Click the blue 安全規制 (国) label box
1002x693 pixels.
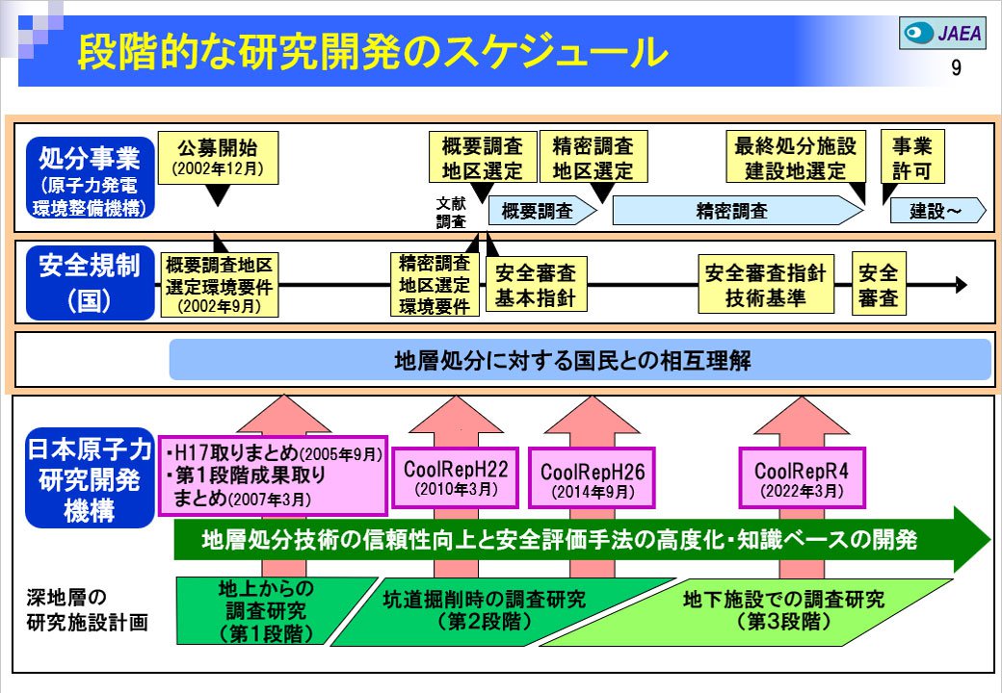click(90, 283)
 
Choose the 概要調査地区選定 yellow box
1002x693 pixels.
click(482, 158)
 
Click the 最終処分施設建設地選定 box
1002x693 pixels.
click(795, 158)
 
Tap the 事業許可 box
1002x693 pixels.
click(911, 158)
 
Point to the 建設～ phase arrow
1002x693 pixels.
click(936, 211)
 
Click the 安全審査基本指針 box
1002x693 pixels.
click(536, 285)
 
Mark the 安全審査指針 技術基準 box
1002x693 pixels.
click(765, 285)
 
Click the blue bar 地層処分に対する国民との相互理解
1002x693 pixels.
click(579, 360)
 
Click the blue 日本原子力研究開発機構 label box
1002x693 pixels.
click(89, 478)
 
